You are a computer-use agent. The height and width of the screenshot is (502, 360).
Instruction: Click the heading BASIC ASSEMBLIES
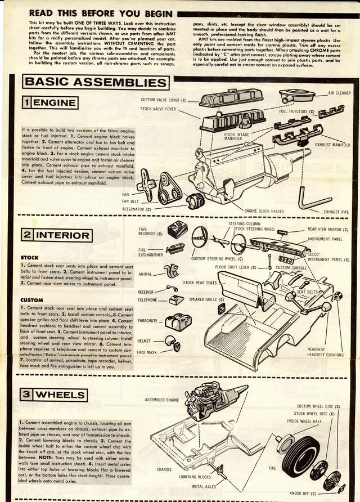pyautogui.click(x=96, y=82)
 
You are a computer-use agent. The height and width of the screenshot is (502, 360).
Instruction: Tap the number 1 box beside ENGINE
pyautogui.click(x=27, y=102)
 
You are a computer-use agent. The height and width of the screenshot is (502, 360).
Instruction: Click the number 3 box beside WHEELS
pyautogui.click(x=27, y=395)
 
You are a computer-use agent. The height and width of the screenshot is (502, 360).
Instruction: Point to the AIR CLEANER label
pyautogui.click(x=339, y=93)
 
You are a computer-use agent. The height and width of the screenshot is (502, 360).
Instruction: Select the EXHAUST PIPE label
pyautogui.click(x=336, y=212)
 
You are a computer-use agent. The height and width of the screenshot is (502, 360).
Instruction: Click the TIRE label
pyautogui.click(x=271, y=468)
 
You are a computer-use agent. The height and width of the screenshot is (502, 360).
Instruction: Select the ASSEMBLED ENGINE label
pyautogui.click(x=162, y=400)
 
